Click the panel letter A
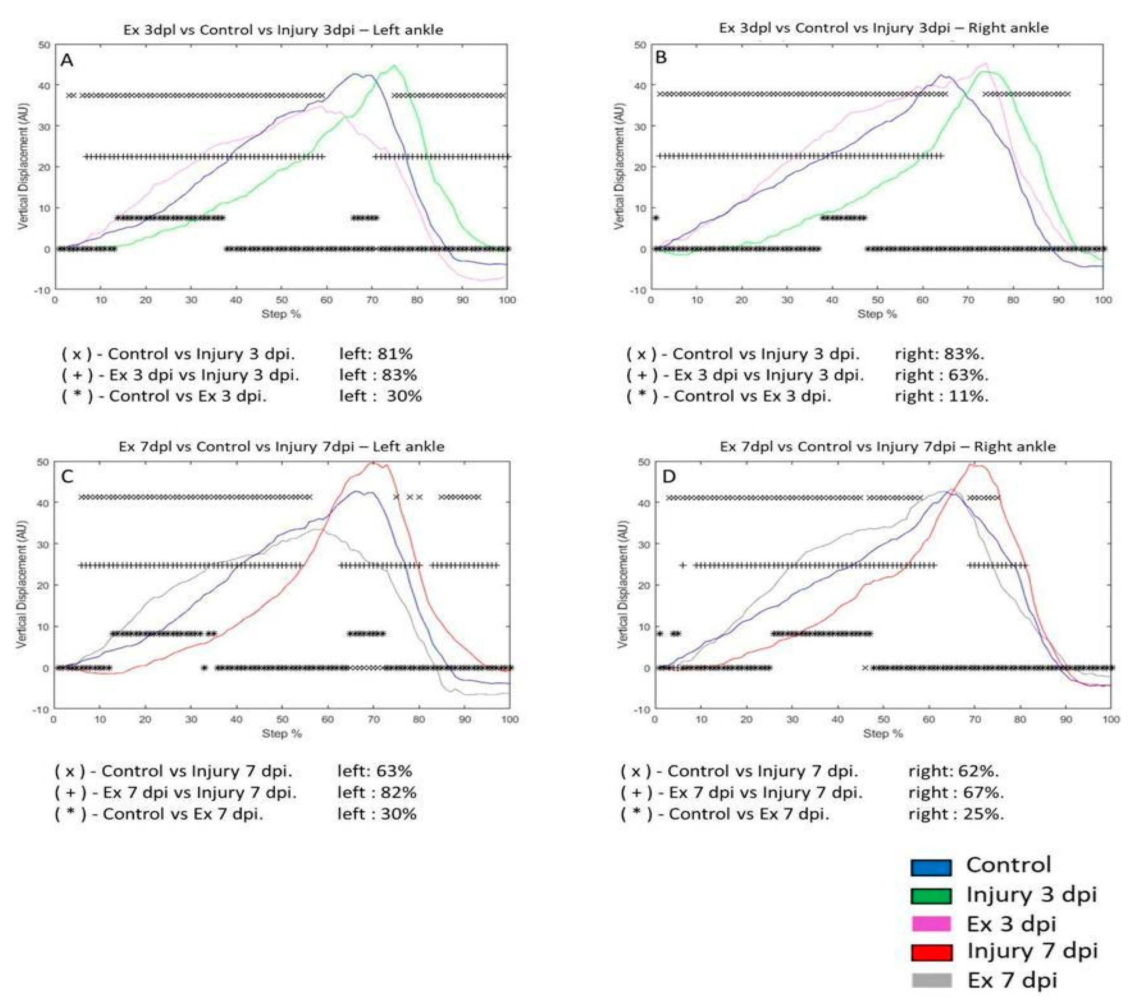coord(67,60)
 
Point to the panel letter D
coord(669,477)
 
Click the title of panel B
coord(884,28)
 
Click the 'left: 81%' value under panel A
coord(376,354)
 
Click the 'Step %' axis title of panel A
coord(281,314)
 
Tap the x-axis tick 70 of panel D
coord(974,719)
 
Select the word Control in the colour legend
coord(1009,865)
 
